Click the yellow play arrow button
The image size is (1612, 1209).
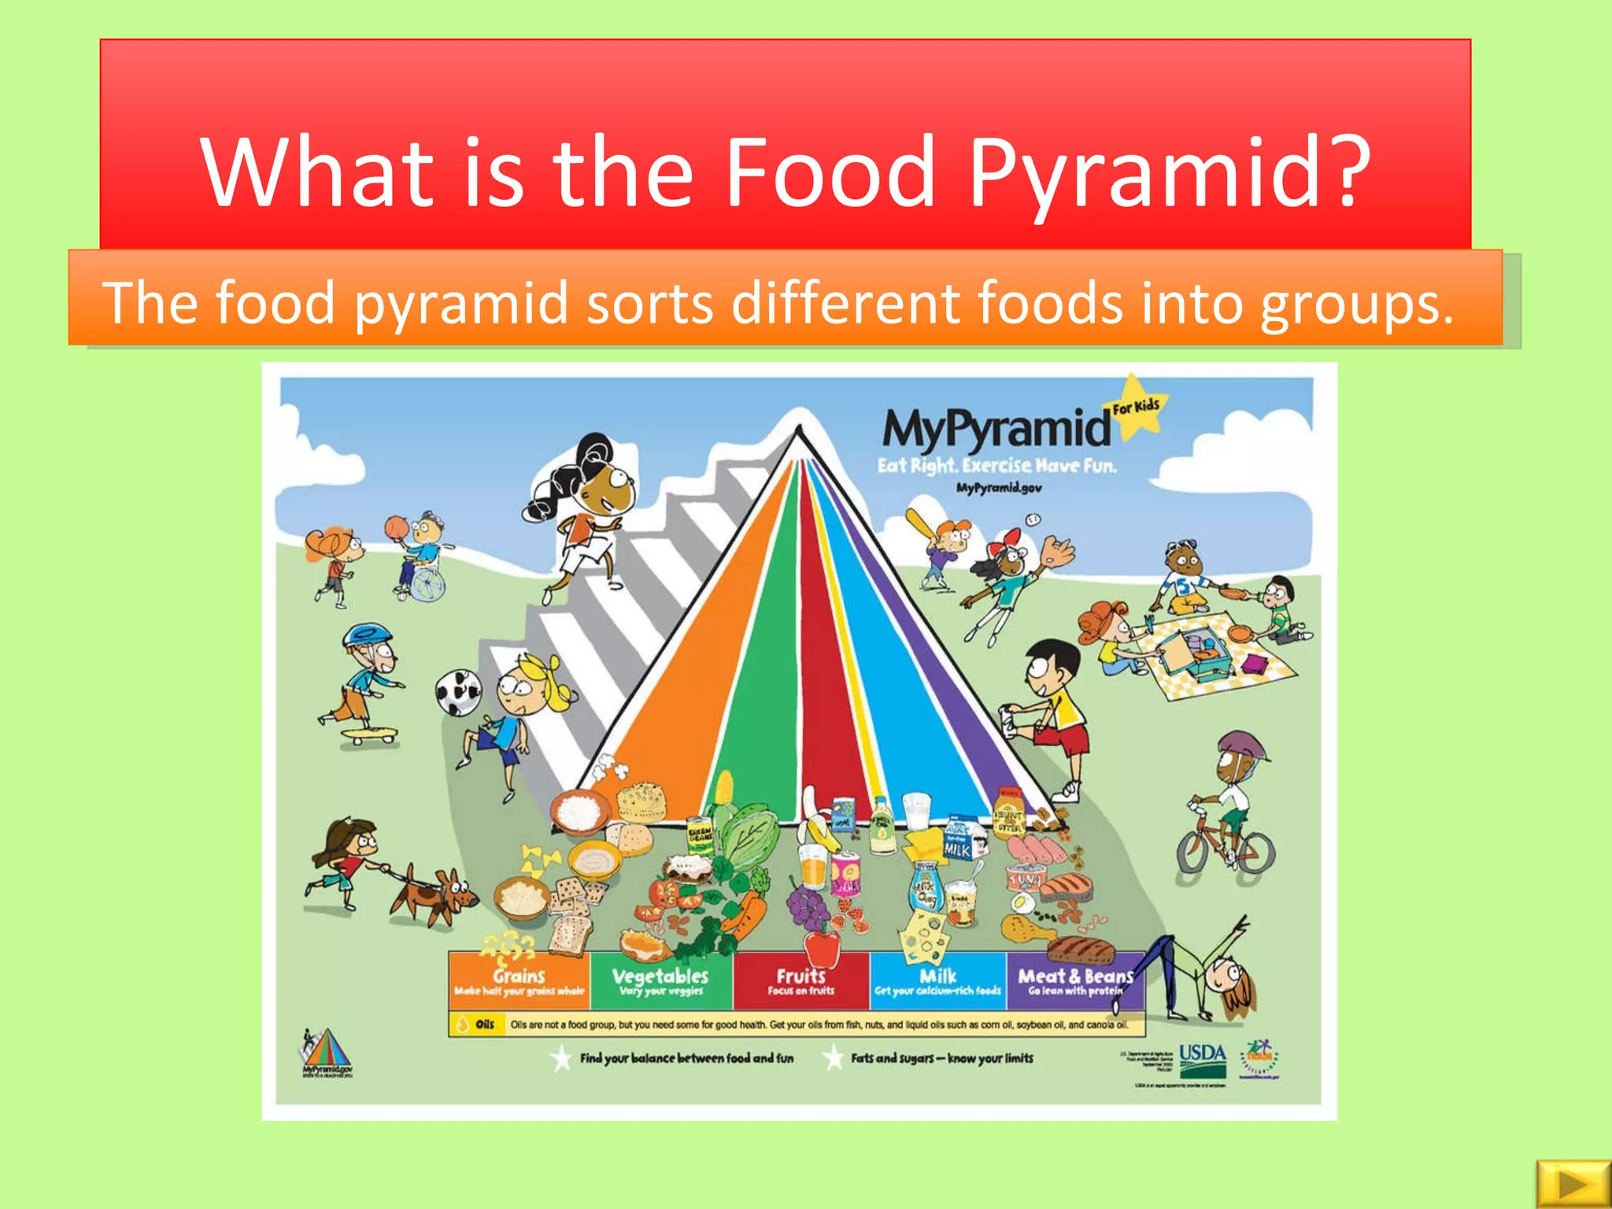click(1572, 1183)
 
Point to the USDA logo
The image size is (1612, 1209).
click(1202, 1058)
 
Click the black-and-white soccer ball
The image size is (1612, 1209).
click(458, 692)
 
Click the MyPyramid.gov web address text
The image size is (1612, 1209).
click(999, 488)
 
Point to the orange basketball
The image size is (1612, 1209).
click(397, 527)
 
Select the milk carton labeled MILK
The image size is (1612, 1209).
click(959, 843)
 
